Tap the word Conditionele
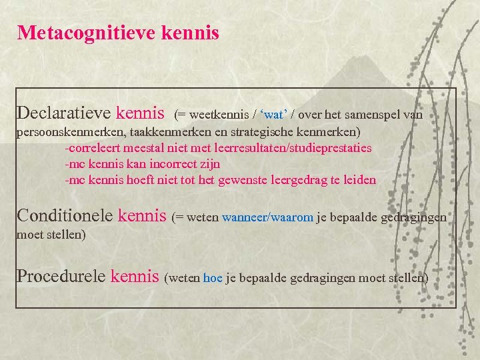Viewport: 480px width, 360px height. [x=65, y=215]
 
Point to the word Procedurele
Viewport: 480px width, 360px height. [x=61, y=276]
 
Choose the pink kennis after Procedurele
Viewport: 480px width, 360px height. [x=135, y=276]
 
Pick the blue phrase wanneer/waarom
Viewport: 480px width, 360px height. [x=267, y=217]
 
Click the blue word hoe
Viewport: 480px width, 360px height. [x=213, y=278]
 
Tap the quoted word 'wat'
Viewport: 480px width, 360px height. [x=271, y=115]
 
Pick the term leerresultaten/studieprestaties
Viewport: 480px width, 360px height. [x=291, y=148]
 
